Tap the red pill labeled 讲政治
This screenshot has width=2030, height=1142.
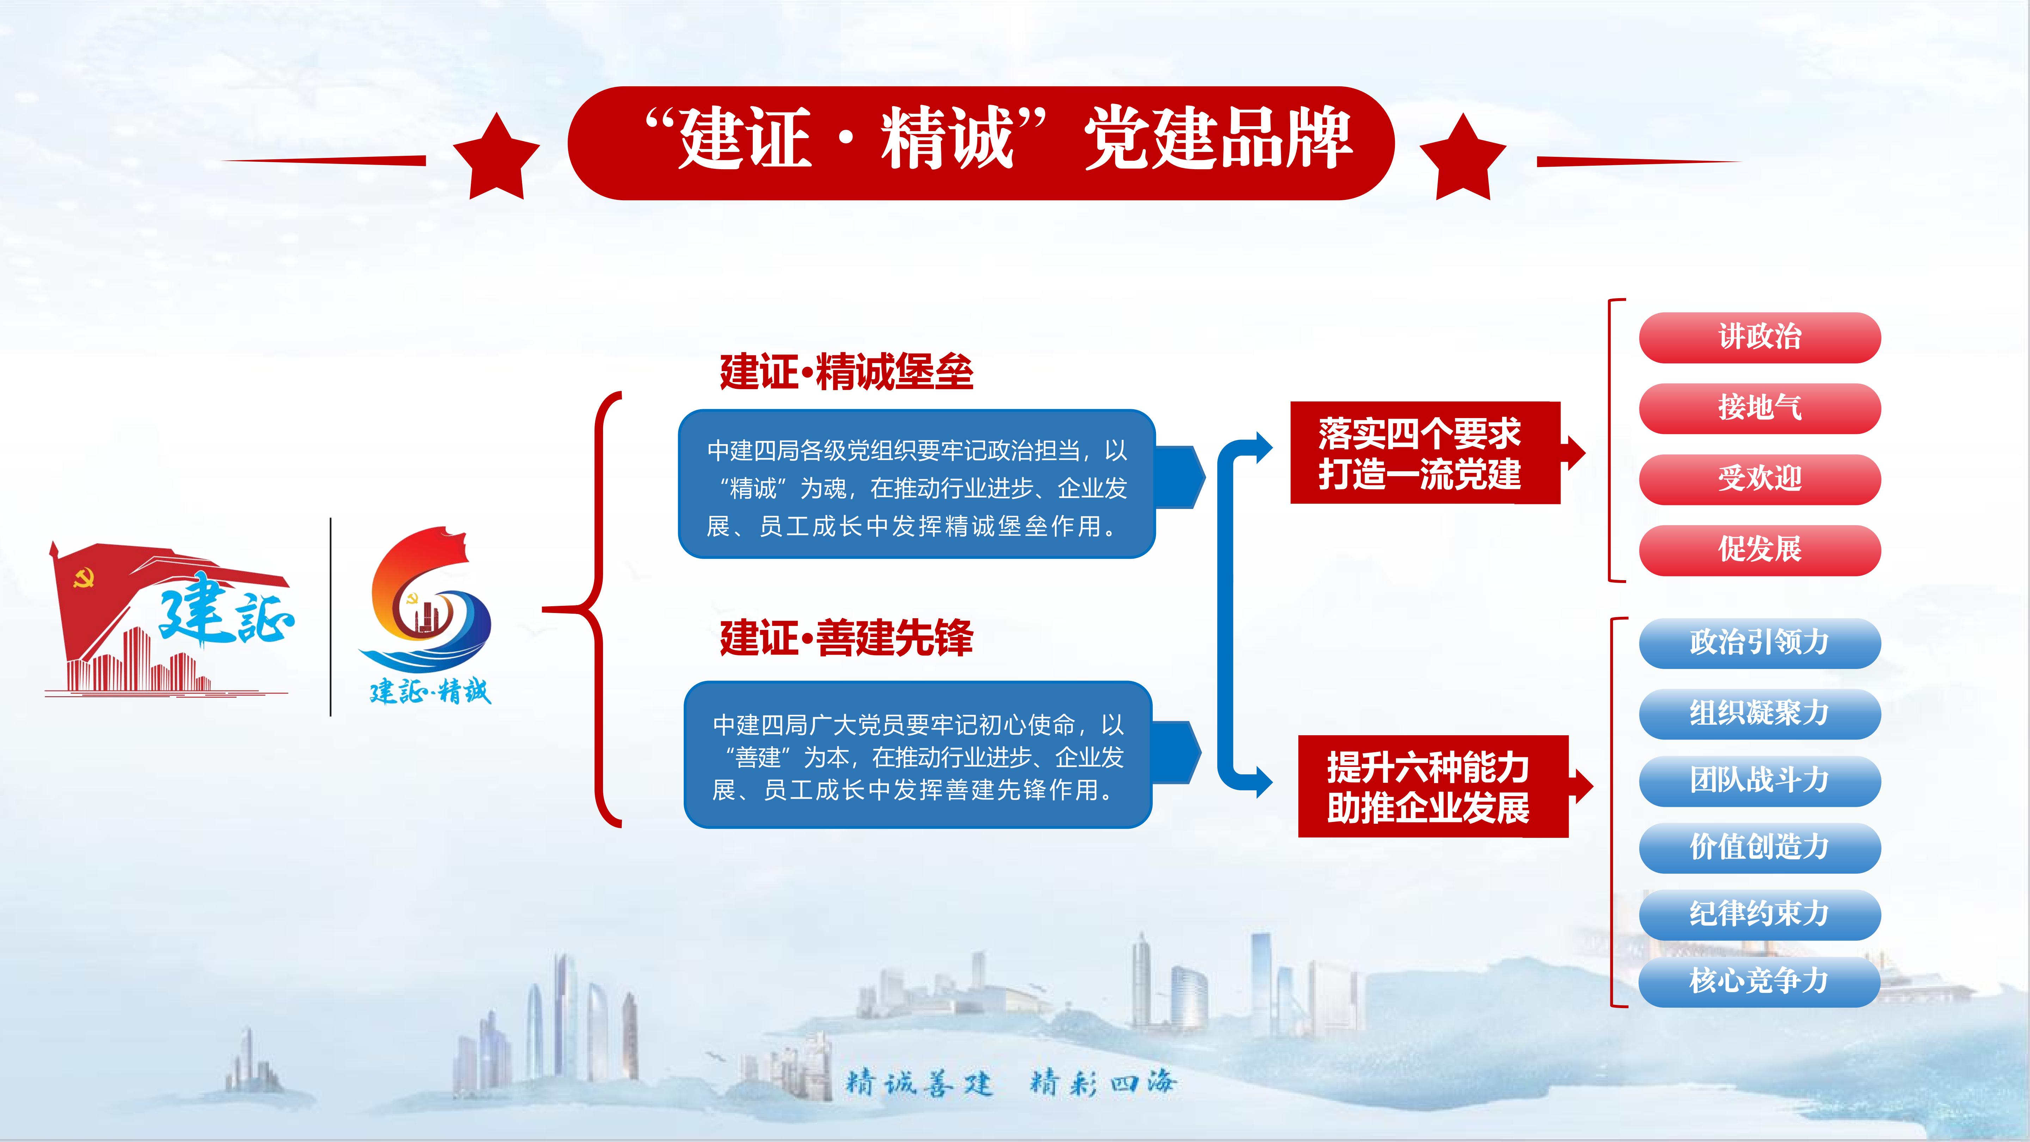click(1760, 337)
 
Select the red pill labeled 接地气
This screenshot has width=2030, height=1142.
click(1760, 408)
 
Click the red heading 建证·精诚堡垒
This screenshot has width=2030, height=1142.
click(846, 372)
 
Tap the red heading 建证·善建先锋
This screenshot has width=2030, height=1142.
click(846, 638)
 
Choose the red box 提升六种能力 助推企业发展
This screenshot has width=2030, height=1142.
click(1433, 787)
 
